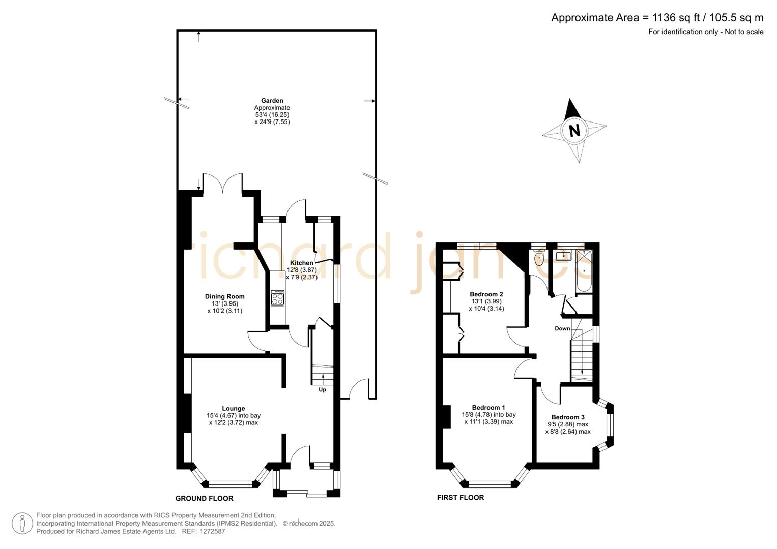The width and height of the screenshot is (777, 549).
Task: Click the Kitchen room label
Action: coord(301,263)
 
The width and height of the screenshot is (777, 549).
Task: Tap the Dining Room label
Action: coord(224,296)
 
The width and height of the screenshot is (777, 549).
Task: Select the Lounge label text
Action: coord(233,408)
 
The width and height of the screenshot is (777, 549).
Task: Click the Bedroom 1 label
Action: coord(488,407)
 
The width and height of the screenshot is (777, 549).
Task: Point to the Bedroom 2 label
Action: coord(486,294)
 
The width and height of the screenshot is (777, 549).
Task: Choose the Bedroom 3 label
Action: coord(568,417)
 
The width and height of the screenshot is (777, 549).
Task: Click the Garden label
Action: coord(272,101)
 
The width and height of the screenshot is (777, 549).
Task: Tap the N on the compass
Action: coord(574,131)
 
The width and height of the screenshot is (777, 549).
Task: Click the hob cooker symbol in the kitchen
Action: coord(277,298)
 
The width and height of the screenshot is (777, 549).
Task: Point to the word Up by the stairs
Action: coord(322,390)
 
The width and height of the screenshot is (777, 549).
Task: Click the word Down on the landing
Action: coord(562,328)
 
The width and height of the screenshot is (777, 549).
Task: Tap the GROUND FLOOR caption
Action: coord(204,498)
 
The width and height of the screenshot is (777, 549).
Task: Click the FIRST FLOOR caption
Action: coord(461,498)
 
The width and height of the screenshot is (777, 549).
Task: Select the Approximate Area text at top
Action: coord(657,18)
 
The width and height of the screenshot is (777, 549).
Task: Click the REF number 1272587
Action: coord(211,531)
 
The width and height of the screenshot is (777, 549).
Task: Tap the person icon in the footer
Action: coord(22,524)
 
